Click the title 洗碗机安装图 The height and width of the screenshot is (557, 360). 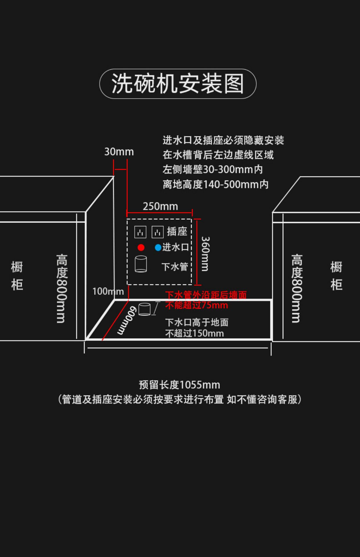pos(178,84)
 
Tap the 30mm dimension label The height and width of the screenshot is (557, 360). pos(119,152)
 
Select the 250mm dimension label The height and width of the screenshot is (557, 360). pos(160,206)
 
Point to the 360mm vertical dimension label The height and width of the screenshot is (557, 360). pos(205,254)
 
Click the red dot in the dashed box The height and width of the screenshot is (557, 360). pos(141,247)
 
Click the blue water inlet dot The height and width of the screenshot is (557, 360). pos(158,247)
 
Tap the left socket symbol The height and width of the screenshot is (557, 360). pos(140,232)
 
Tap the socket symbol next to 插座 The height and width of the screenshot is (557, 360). pos(158,232)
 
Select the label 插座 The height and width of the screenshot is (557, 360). pos(177,232)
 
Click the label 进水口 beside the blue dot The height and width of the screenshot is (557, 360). pos(175,247)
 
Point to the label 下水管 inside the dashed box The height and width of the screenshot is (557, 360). pos(175,267)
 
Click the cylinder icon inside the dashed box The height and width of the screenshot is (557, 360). pos(141,264)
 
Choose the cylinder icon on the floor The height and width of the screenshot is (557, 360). pos(145,309)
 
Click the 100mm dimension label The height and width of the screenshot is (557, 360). pos(108,291)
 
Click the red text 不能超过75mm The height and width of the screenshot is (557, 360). pos(197,305)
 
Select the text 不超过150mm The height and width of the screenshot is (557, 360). pos(195,333)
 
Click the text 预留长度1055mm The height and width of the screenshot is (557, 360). pos(179,385)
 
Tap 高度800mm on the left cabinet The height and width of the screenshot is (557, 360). pos(62,289)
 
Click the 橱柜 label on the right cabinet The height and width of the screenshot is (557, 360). pos(336,276)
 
